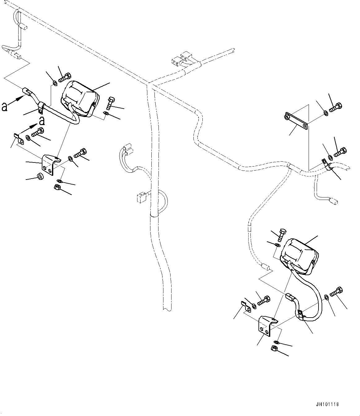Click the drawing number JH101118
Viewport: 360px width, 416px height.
328,404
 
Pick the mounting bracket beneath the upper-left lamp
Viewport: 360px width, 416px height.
51,165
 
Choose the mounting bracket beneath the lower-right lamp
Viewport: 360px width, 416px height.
267,325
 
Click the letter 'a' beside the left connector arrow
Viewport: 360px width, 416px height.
4,107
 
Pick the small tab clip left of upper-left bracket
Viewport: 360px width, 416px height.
18,138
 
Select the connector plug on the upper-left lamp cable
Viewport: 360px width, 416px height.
27,92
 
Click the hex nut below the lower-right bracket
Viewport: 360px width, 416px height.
274,349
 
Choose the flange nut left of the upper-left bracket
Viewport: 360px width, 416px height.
40,176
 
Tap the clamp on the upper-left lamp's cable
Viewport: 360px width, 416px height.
40,107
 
